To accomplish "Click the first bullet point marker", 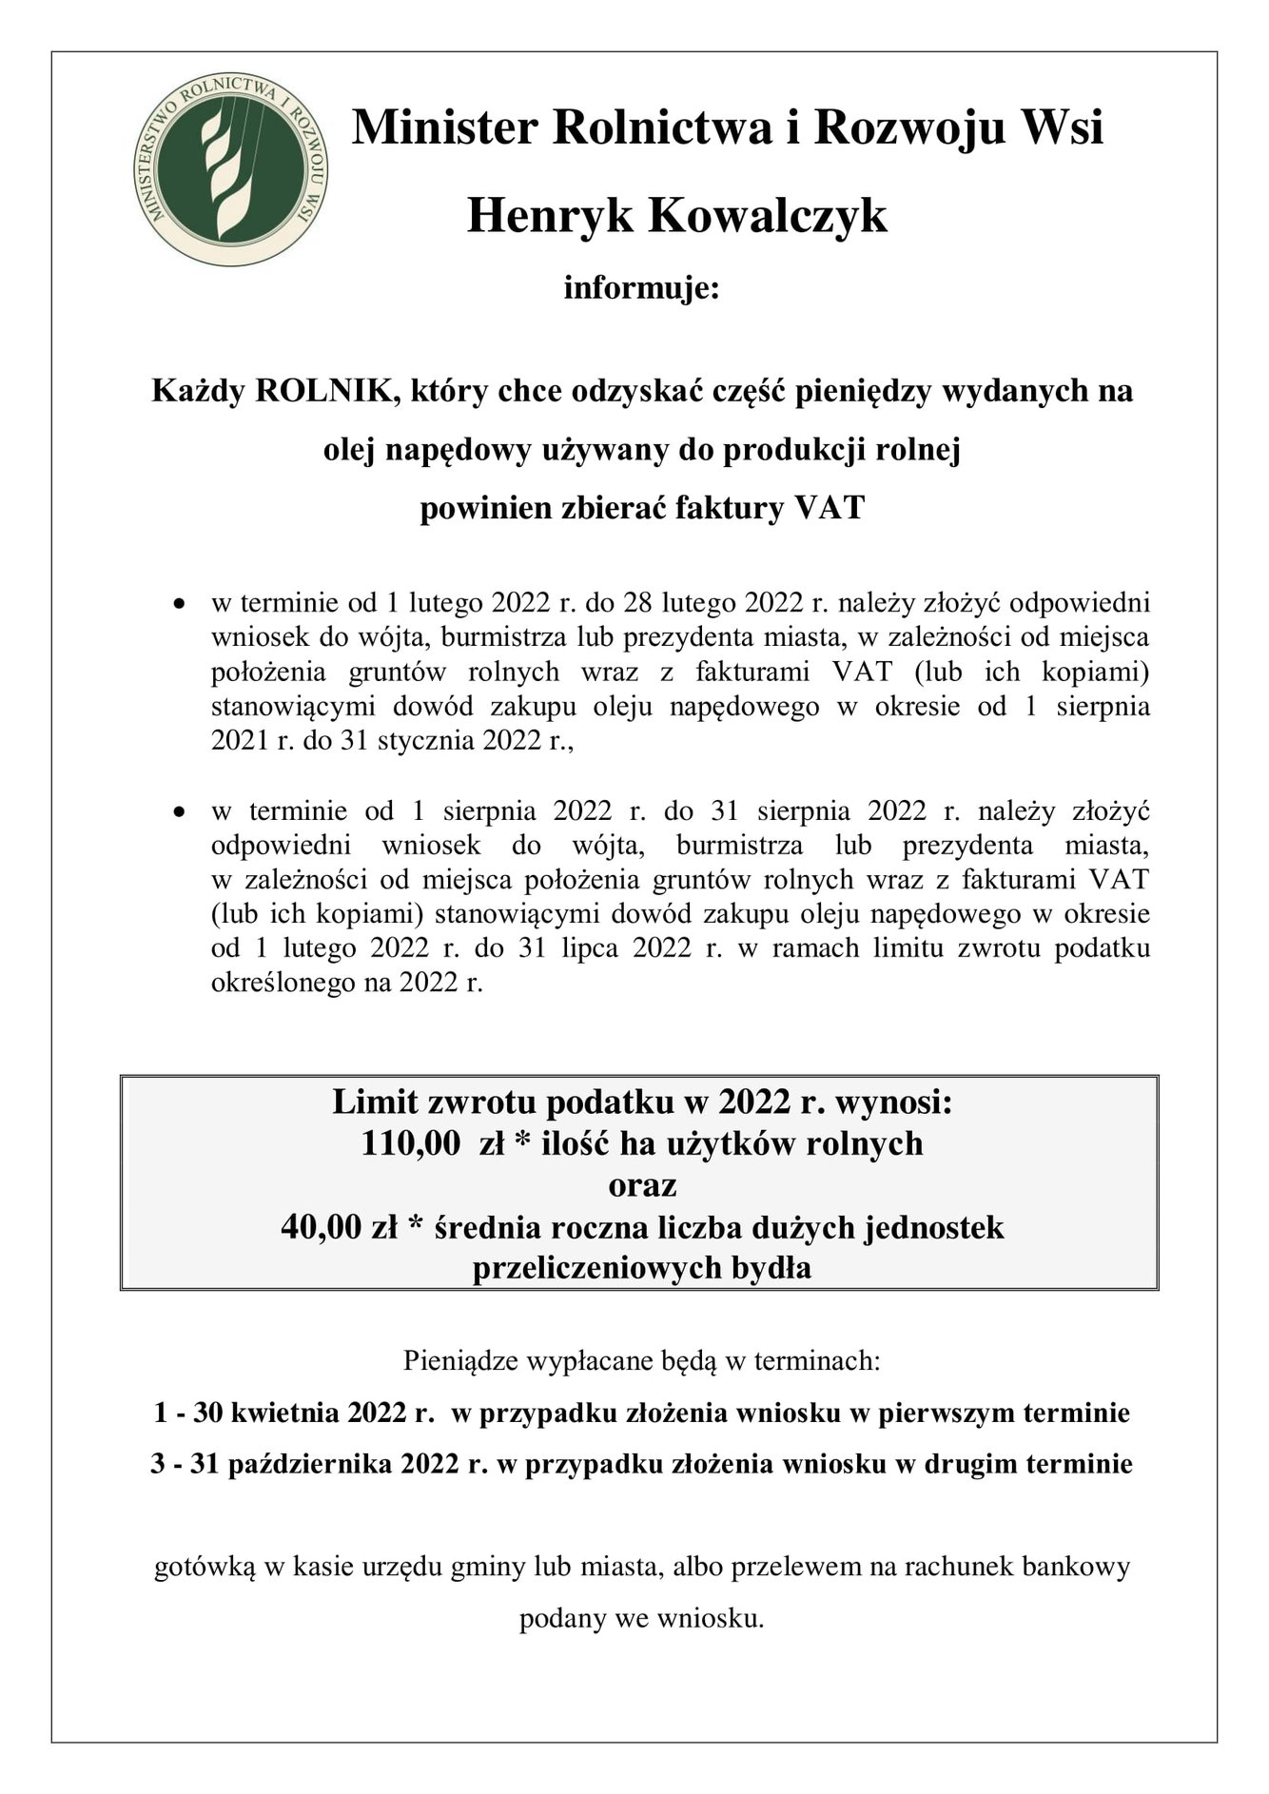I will tap(178, 605).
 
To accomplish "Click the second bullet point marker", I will tap(178, 813).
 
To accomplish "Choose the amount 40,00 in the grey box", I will tap(320, 1227).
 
